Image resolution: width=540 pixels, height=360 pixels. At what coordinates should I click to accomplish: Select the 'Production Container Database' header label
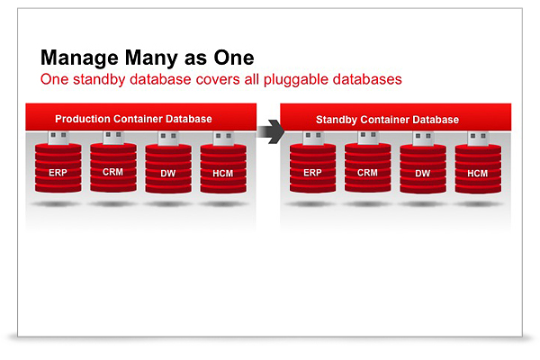pyautogui.click(x=133, y=119)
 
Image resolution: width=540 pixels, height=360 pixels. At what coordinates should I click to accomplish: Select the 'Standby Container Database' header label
pyautogui.click(x=387, y=120)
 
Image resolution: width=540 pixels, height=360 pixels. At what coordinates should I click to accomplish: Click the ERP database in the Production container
pyautogui.click(x=58, y=169)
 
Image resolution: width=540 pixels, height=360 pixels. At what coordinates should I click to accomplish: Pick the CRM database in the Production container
pyautogui.click(x=112, y=169)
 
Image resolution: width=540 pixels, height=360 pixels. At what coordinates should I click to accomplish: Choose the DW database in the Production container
pyautogui.click(x=167, y=169)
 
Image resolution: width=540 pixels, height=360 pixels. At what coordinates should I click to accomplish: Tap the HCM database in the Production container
pyautogui.click(x=221, y=169)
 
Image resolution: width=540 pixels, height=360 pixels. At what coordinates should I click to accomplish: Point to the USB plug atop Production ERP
pyautogui.click(x=58, y=137)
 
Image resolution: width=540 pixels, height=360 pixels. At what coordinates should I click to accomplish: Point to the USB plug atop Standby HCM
pyautogui.click(x=477, y=139)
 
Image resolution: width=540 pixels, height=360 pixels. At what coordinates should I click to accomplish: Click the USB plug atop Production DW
pyautogui.click(x=167, y=137)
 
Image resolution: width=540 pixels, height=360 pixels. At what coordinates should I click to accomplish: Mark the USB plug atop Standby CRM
pyautogui.click(x=366, y=139)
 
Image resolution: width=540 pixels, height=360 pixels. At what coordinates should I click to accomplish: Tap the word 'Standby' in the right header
pyautogui.click(x=335, y=120)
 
